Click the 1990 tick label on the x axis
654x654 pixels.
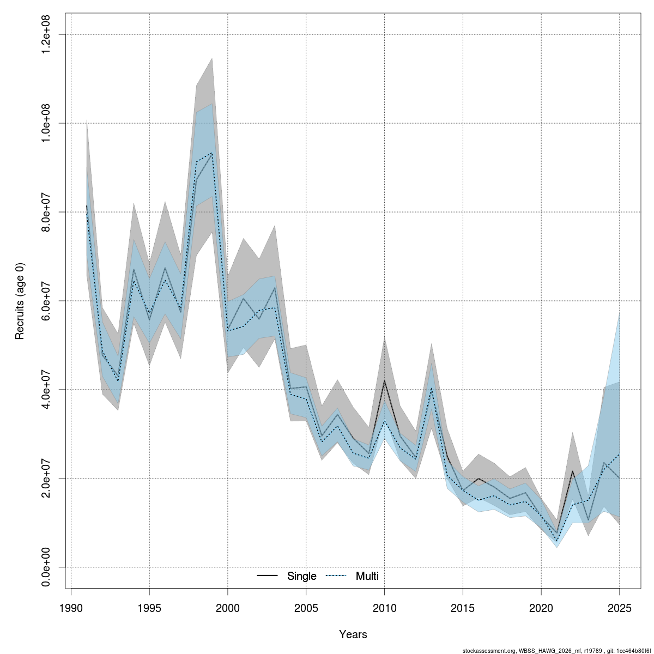71,608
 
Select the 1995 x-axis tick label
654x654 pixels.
149,608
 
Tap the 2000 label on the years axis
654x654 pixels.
228,608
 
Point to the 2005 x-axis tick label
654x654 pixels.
306,608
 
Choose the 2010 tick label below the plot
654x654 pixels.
385,608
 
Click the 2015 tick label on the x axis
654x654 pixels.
463,608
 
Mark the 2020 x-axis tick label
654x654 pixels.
542,608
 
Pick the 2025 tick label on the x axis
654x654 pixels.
620,608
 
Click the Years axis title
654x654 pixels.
353,634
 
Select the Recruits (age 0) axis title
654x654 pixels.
20,301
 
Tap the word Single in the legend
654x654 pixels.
301,576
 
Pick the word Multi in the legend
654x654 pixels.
367,576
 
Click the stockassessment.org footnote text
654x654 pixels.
556,651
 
